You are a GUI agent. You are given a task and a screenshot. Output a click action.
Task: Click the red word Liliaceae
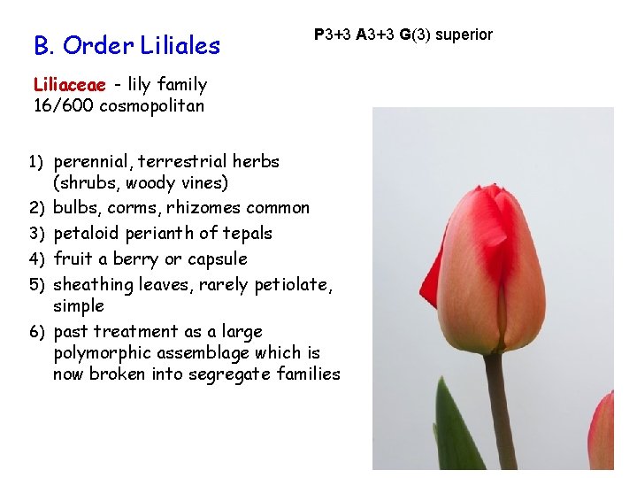pyautogui.click(x=69, y=85)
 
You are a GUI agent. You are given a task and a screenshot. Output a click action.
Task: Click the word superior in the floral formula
pyautogui.click(x=464, y=35)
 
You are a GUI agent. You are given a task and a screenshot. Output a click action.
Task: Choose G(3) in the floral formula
pyautogui.click(x=415, y=35)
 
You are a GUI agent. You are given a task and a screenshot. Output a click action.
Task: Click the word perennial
pyautogui.click(x=91, y=162)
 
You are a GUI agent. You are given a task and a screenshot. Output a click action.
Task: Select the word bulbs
pyautogui.click(x=75, y=208)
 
